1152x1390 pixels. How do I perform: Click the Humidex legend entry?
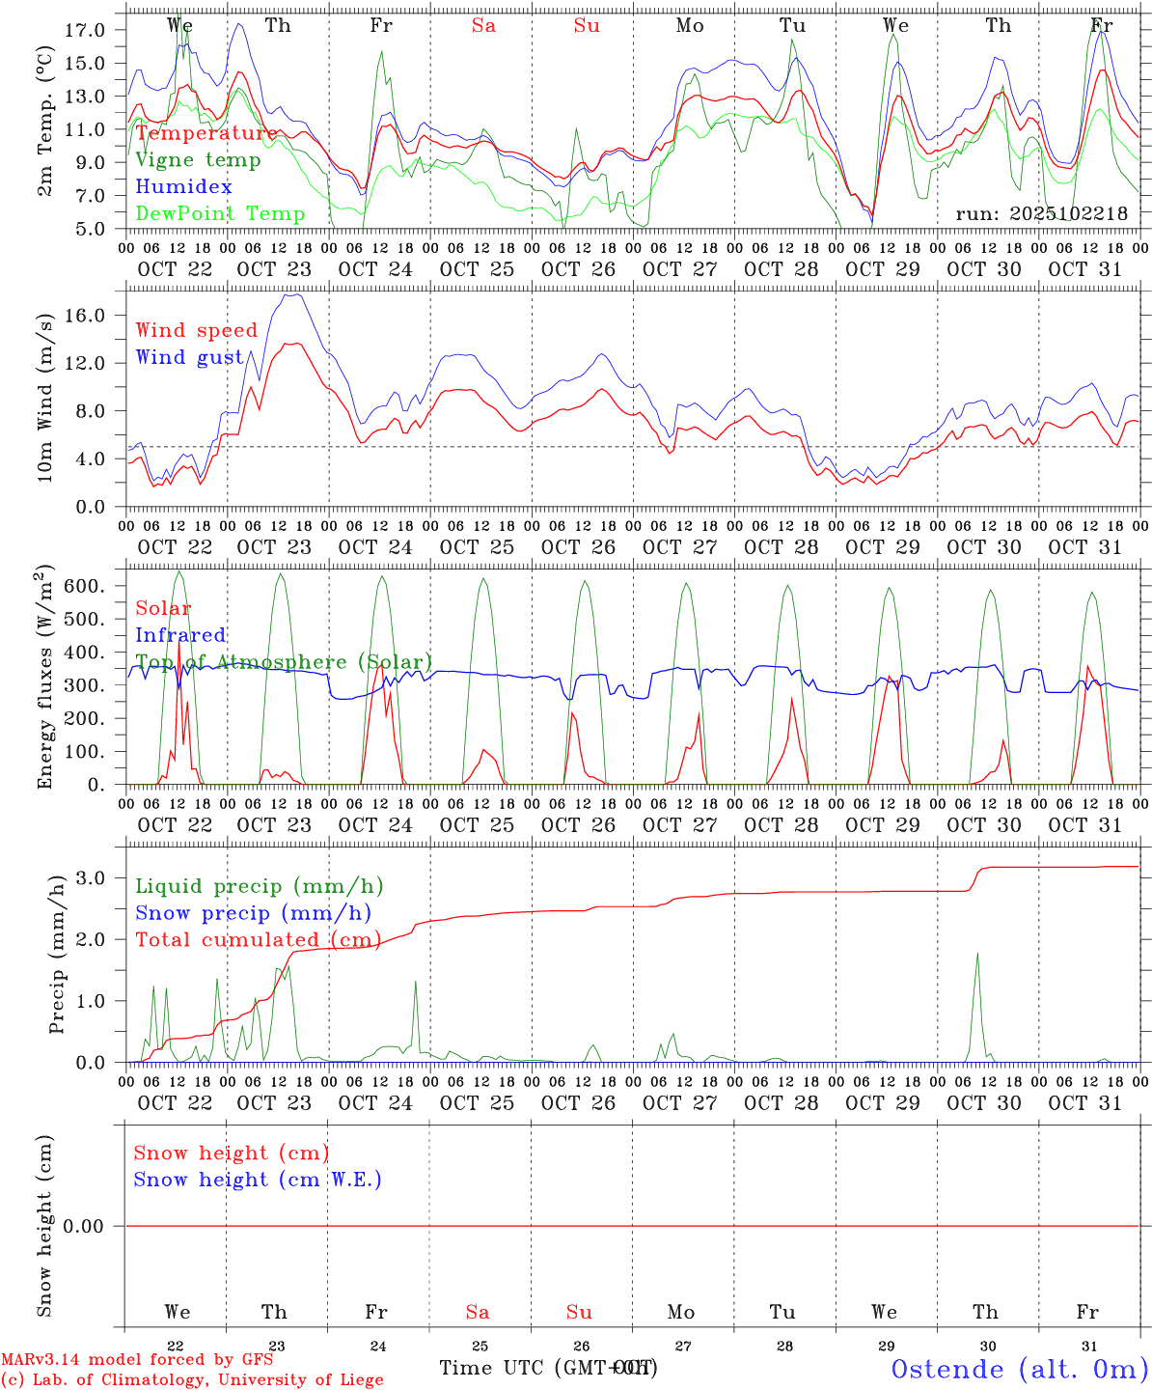[x=183, y=186]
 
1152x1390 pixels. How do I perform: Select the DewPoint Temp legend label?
[x=220, y=213]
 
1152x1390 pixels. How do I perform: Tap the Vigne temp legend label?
[x=198, y=159]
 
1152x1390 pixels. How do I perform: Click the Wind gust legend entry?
[x=189, y=357]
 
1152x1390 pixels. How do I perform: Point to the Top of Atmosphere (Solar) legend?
[x=284, y=662]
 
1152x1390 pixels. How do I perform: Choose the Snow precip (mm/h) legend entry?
[x=253, y=913]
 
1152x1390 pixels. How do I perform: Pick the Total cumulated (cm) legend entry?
[x=258, y=939]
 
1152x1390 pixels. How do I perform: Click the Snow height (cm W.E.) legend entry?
[x=258, y=1180]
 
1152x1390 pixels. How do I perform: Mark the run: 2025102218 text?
[x=1041, y=213]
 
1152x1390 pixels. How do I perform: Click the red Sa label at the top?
[x=483, y=26]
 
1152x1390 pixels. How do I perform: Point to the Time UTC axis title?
[x=548, y=1368]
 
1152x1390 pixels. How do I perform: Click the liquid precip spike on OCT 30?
[x=977, y=956]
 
